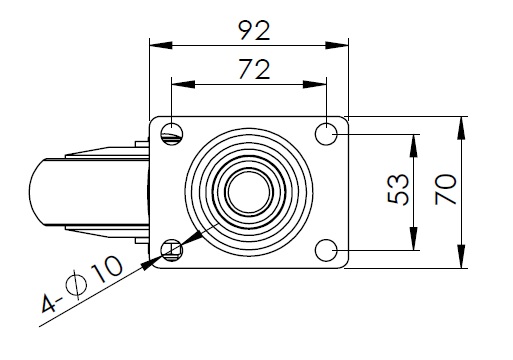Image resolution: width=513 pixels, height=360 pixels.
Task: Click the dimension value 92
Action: (x=255, y=31)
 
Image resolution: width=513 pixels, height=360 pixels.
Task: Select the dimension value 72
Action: (x=254, y=69)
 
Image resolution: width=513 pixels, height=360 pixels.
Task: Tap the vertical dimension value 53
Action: (x=398, y=189)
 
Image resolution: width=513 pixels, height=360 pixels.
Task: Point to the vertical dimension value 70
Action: (x=446, y=189)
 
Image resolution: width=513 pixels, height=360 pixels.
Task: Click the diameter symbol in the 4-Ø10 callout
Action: (x=76, y=285)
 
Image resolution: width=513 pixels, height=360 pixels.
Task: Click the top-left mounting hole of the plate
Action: (x=172, y=134)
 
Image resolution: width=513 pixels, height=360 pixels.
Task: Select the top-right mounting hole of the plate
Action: (x=326, y=134)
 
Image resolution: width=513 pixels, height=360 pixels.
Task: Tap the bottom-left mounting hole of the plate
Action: (x=172, y=250)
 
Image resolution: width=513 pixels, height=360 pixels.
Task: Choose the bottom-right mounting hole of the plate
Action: (x=326, y=250)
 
